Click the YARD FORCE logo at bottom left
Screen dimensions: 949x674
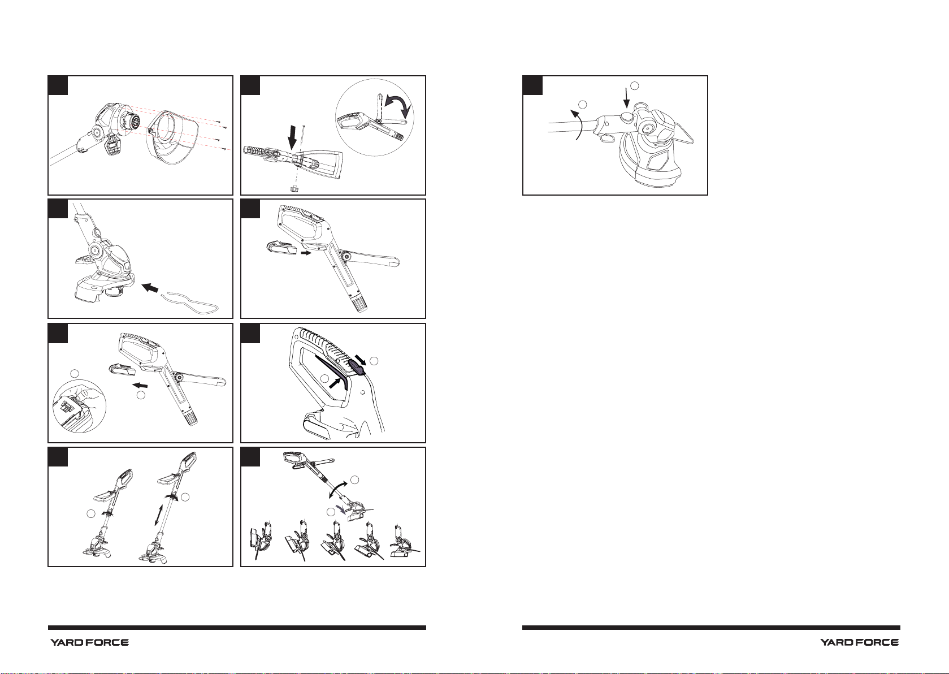tap(89, 643)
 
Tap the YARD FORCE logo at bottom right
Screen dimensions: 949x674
tap(860, 643)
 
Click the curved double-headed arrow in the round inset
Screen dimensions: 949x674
tap(401, 106)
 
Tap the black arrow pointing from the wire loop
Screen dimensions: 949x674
tap(150, 288)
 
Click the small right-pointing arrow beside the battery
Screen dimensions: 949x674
tap(305, 253)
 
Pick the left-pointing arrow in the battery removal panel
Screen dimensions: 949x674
tap(140, 385)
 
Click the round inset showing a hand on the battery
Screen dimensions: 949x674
tap(79, 406)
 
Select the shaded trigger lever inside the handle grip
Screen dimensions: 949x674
tap(333, 372)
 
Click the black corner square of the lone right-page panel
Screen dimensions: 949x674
tap(532, 85)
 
